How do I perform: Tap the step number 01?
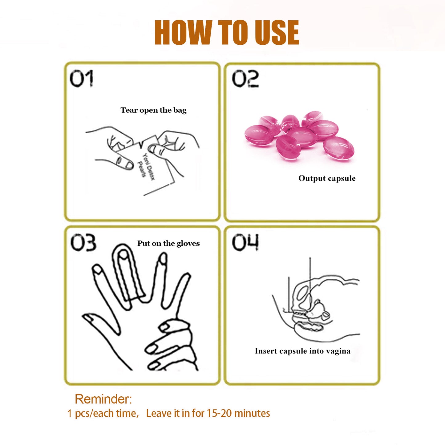(x=81, y=79)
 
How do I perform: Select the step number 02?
(x=245, y=79)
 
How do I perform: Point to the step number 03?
(x=83, y=243)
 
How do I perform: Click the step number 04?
(x=245, y=242)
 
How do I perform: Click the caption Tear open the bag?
(x=153, y=110)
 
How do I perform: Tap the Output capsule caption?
(x=327, y=178)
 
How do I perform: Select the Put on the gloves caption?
(x=168, y=243)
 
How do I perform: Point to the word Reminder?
(x=103, y=399)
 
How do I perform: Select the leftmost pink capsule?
(x=258, y=135)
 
